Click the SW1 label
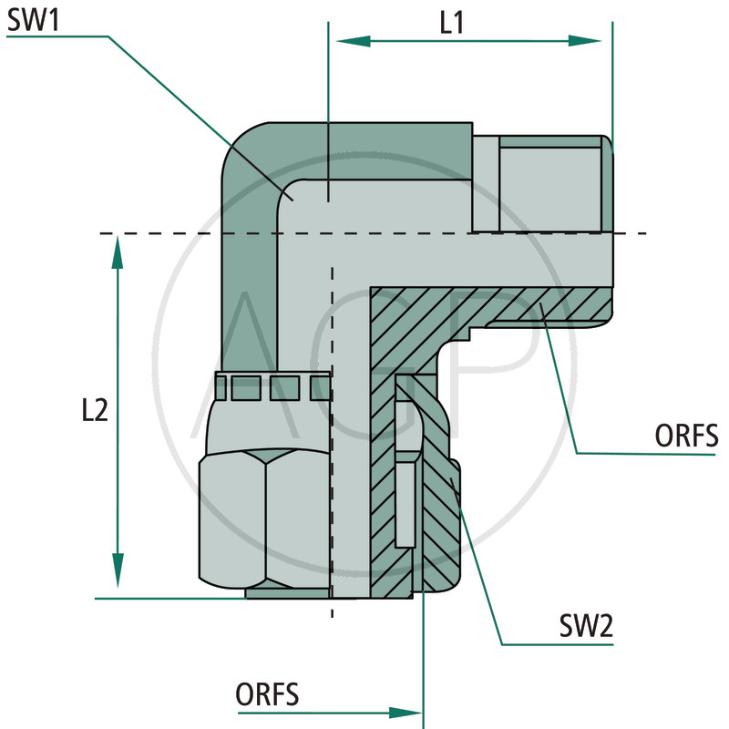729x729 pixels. [x=32, y=20]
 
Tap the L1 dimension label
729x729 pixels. [x=452, y=22]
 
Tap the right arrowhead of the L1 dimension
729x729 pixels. [x=596, y=41]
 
